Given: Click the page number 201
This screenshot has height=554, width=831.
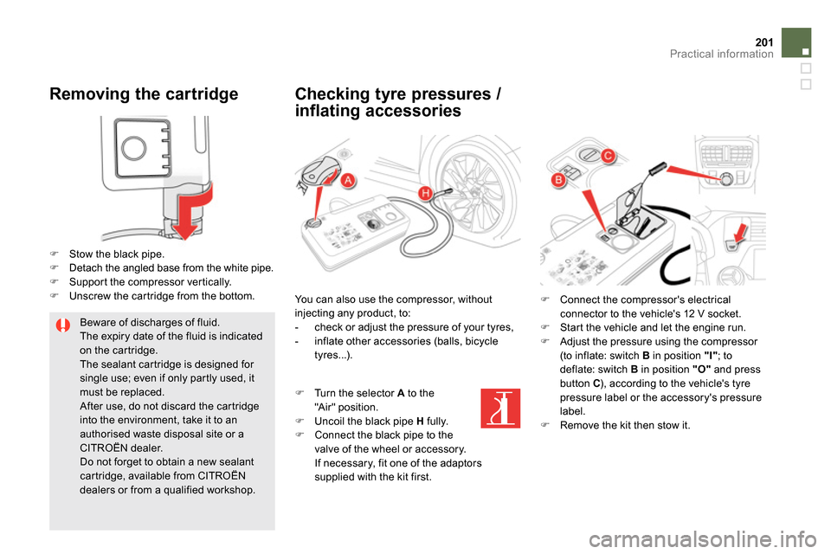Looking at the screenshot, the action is click(x=764, y=42).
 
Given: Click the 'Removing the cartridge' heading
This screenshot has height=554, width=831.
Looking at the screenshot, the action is click(x=144, y=93).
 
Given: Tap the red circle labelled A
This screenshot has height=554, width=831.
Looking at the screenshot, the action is click(x=348, y=180).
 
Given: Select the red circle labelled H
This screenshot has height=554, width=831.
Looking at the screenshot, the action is click(x=426, y=194).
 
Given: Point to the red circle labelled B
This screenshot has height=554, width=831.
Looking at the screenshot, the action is click(x=558, y=180).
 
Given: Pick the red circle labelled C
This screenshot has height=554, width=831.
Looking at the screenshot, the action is click(x=608, y=155).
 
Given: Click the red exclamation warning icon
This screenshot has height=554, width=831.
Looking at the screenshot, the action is click(x=63, y=325).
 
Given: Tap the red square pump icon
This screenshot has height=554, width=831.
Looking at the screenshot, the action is click(x=500, y=409).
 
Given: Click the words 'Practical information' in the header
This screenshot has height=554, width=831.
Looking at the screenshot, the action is click(x=721, y=54).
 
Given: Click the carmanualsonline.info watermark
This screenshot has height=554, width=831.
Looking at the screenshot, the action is click(x=702, y=539).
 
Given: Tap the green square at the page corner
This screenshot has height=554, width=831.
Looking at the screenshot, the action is click(x=796, y=42).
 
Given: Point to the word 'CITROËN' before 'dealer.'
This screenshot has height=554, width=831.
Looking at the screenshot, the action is click(x=103, y=448).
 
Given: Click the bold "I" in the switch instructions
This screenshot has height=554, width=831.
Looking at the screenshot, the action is click(x=711, y=356).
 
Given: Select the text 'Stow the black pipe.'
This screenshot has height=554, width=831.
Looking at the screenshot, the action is click(x=117, y=254).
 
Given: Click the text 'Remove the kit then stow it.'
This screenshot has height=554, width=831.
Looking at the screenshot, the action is click(x=625, y=425).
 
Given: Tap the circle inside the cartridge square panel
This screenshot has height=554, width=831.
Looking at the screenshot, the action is click(x=133, y=148).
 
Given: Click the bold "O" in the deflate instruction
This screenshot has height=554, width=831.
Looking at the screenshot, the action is click(x=702, y=370).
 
